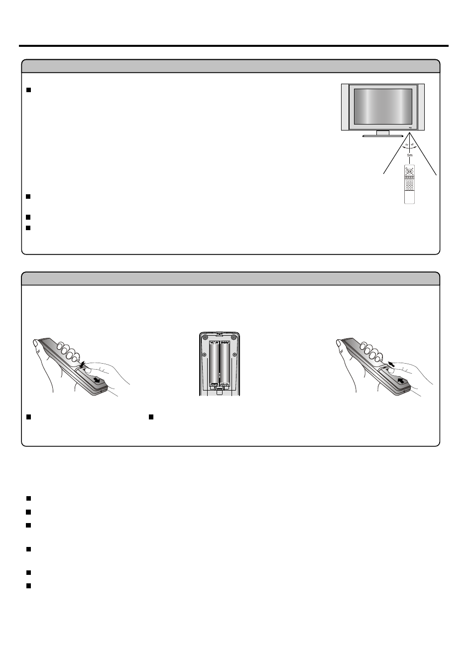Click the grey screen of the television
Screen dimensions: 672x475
[x=382, y=107]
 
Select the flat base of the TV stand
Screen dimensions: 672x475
[x=382, y=135]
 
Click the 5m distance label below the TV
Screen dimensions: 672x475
[x=410, y=155]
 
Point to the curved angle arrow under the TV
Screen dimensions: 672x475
[x=409, y=148]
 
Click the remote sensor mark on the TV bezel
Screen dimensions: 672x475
[x=409, y=128]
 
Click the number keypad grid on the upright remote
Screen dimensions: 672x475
[x=409, y=184]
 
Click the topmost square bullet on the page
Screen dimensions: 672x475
[x=28, y=90]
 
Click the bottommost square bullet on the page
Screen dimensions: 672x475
[x=28, y=586]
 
